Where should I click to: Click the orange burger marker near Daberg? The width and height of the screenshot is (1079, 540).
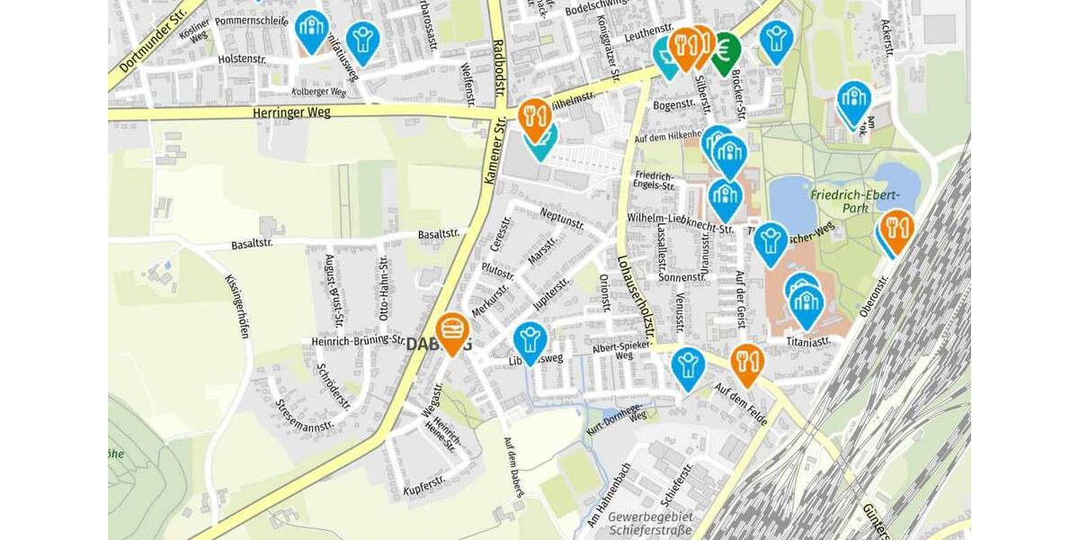click(451, 330)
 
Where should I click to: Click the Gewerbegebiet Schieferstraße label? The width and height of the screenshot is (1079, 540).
click(649, 524)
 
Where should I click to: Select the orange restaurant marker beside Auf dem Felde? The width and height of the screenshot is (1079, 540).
click(746, 362)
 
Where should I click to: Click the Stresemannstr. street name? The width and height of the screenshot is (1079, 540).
click(305, 415)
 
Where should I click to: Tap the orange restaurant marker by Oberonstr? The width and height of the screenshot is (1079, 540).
click(896, 229)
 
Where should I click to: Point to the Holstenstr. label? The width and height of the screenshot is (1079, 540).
click(245, 58)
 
